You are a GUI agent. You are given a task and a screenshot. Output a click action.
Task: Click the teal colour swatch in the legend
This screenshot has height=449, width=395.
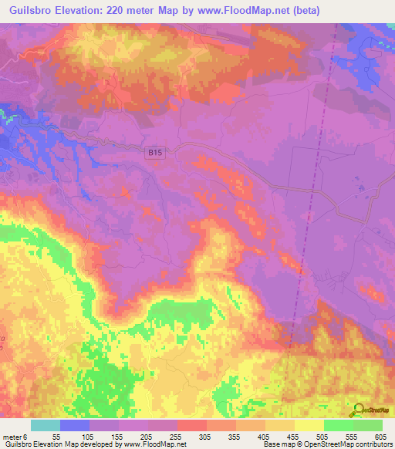pos(46,426)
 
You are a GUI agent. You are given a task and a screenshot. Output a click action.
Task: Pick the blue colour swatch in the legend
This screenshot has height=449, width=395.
pos(75,426)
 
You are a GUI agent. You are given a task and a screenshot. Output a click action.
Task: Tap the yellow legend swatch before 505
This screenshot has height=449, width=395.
pos(309,426)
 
